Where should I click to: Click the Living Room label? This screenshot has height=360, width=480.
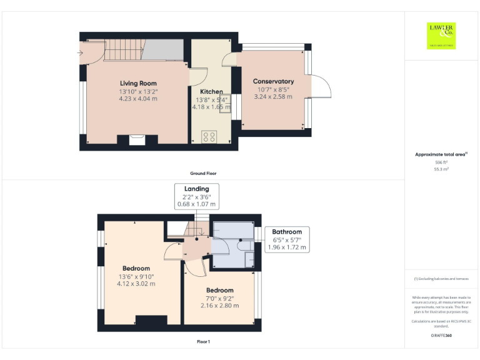(138, 83)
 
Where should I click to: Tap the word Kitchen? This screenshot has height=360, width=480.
(211, 92)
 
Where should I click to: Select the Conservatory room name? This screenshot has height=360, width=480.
(273, 81)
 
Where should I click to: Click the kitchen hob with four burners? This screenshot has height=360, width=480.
(209, 136)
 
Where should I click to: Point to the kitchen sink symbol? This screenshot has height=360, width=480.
(224, 101)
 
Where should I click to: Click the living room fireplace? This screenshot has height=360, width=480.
(137, 139)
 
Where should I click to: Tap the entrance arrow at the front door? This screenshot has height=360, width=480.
(80, 53)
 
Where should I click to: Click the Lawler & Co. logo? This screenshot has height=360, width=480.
(441, 36)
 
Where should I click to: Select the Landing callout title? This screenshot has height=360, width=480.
(196, 189)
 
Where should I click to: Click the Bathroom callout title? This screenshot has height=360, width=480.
(287, 231)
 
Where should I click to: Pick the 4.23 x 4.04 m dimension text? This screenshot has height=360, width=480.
(138, 99)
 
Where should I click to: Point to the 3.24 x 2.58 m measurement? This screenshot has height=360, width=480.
(273, 97)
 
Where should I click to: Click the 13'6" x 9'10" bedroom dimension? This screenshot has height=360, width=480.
(136, 276)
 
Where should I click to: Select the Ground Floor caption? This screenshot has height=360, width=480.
(204, 173)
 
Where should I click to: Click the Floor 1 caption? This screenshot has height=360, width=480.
(204, 342)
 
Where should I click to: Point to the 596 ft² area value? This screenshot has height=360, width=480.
(441, 162)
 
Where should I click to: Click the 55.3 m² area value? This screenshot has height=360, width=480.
(441, 169)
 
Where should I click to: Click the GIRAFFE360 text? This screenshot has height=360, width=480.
(441, 336)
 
